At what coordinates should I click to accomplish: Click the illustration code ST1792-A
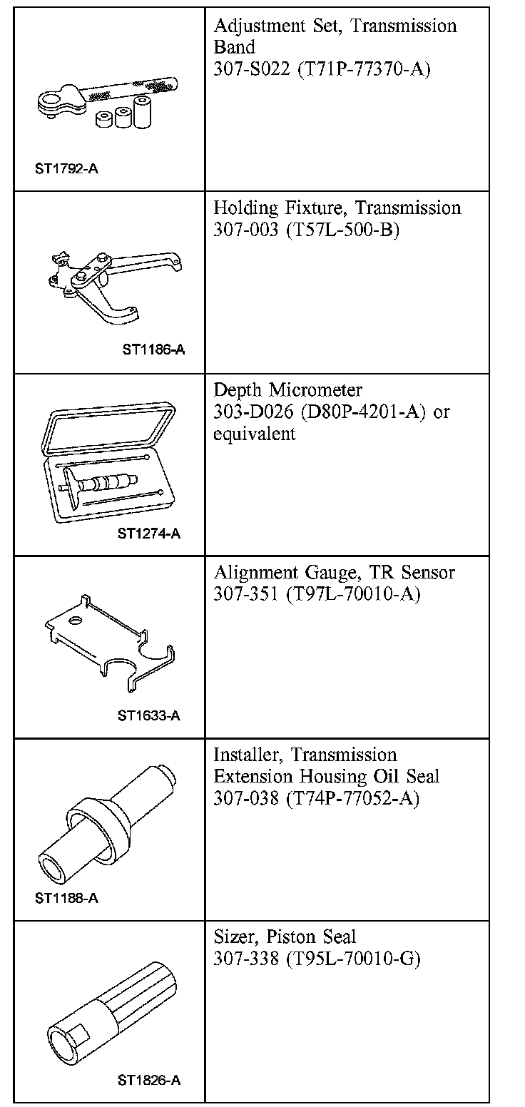click(x=66, y=170)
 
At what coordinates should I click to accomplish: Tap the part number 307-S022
click(x=249, y=70)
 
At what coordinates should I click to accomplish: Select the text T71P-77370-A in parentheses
click(x=359, y=70)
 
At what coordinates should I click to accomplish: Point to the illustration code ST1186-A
click(x=154, y=350)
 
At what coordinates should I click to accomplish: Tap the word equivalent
click(x=254, y=434)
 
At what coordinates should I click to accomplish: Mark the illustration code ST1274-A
click(x=149, y=534)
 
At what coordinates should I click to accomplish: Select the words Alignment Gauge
click(x=277, y=573)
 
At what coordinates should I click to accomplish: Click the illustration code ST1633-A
click(x=149, y=715)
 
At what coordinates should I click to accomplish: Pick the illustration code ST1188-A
click(x=66, y=898)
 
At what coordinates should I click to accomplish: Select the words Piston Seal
click(x=314, y=937)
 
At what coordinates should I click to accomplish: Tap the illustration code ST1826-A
click(x=149, y=1081)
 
